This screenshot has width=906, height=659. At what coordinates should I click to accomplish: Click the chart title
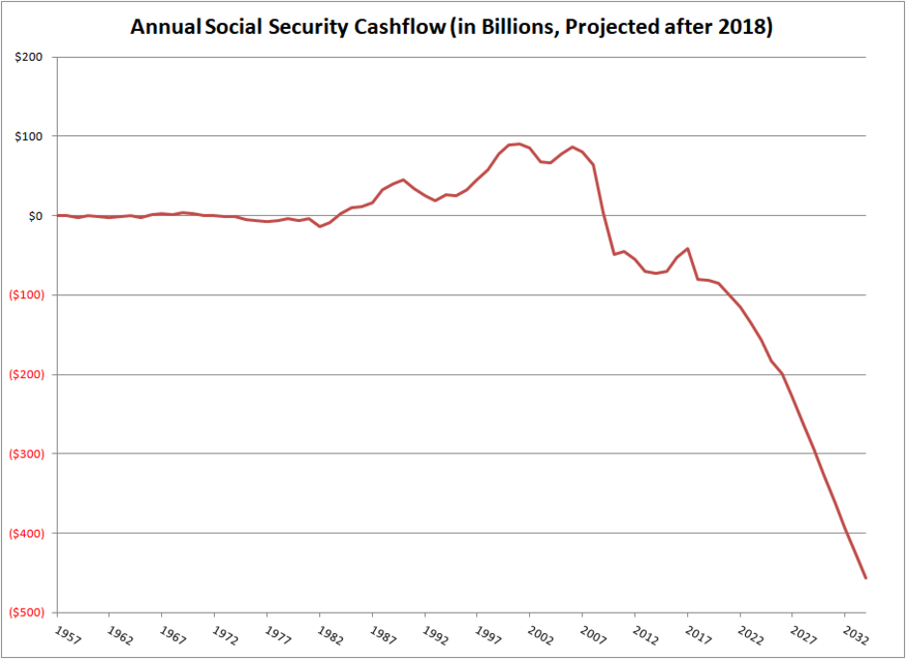(x=452, y=27)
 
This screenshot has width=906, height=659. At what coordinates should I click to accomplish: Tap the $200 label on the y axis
(x=29, y=57)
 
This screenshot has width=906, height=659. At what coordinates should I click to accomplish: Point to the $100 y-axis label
(x=29, y=136)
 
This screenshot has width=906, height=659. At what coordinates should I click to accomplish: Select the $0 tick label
(x=35, y=215)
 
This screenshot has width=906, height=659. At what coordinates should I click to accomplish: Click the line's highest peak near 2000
(x=520, y=144)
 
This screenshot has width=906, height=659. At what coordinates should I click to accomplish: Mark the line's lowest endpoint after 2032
(x=866, y=578)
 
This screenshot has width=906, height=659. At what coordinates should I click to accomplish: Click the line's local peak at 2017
(x=687, y=248)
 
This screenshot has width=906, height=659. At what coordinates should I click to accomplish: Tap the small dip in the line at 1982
(x=319, y=226)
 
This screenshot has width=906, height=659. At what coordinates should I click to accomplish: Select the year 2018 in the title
(x=748, y=27)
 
